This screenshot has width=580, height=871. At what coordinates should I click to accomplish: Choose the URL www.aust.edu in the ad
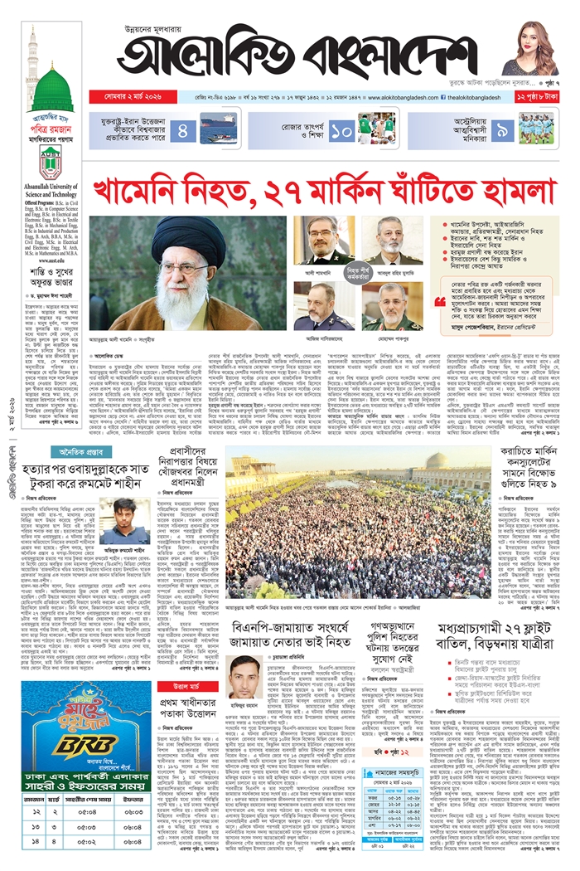(51, 260)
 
